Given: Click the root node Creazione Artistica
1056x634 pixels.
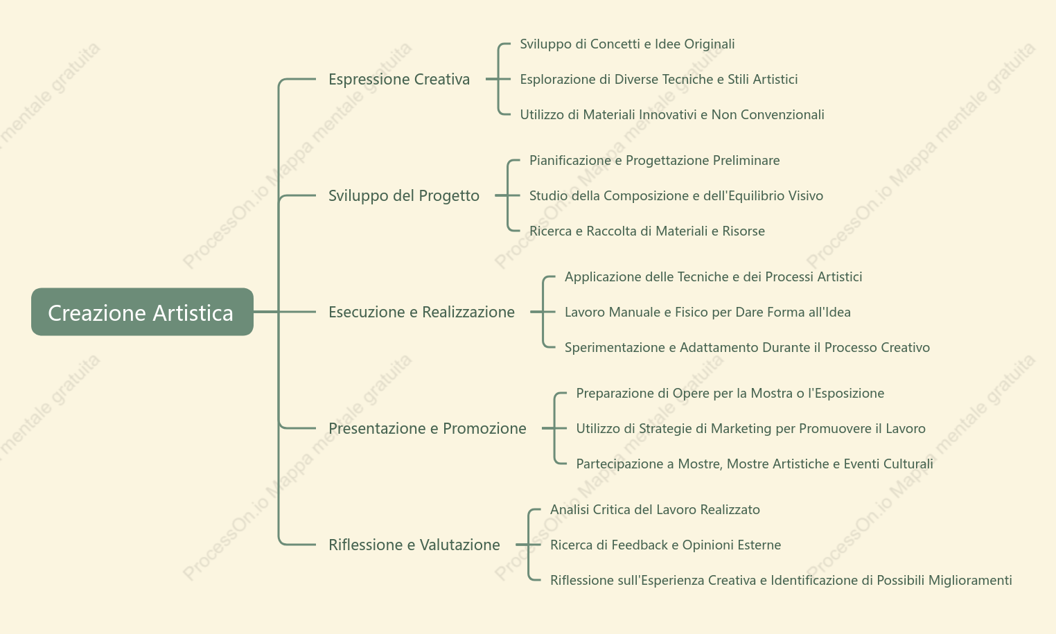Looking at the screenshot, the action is point(142,312).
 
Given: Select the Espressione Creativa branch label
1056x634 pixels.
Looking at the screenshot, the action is point(399,79).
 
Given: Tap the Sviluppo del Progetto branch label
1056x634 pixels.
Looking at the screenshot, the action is point(403,195).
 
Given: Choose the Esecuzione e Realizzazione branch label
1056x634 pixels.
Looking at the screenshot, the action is point(421,312).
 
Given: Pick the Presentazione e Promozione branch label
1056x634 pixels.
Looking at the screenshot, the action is point(427,428).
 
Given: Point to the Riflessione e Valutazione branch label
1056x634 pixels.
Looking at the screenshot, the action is point(414,545).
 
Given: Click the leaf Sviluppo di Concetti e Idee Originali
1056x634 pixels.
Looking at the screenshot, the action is point(627,44).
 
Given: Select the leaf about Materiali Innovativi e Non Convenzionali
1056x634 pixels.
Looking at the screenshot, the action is point(672,114).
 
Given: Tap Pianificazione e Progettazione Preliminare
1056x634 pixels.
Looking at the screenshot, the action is point(654,161).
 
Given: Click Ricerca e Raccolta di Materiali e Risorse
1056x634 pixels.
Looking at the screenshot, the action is point(646,231).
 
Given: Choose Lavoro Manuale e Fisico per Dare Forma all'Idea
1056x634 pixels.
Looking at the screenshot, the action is point(707,312).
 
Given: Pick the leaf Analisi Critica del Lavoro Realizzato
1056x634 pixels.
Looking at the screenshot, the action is point(655,509).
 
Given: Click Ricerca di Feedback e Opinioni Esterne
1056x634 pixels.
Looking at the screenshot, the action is point(665,545).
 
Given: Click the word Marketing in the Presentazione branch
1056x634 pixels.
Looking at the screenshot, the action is point(741,429).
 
